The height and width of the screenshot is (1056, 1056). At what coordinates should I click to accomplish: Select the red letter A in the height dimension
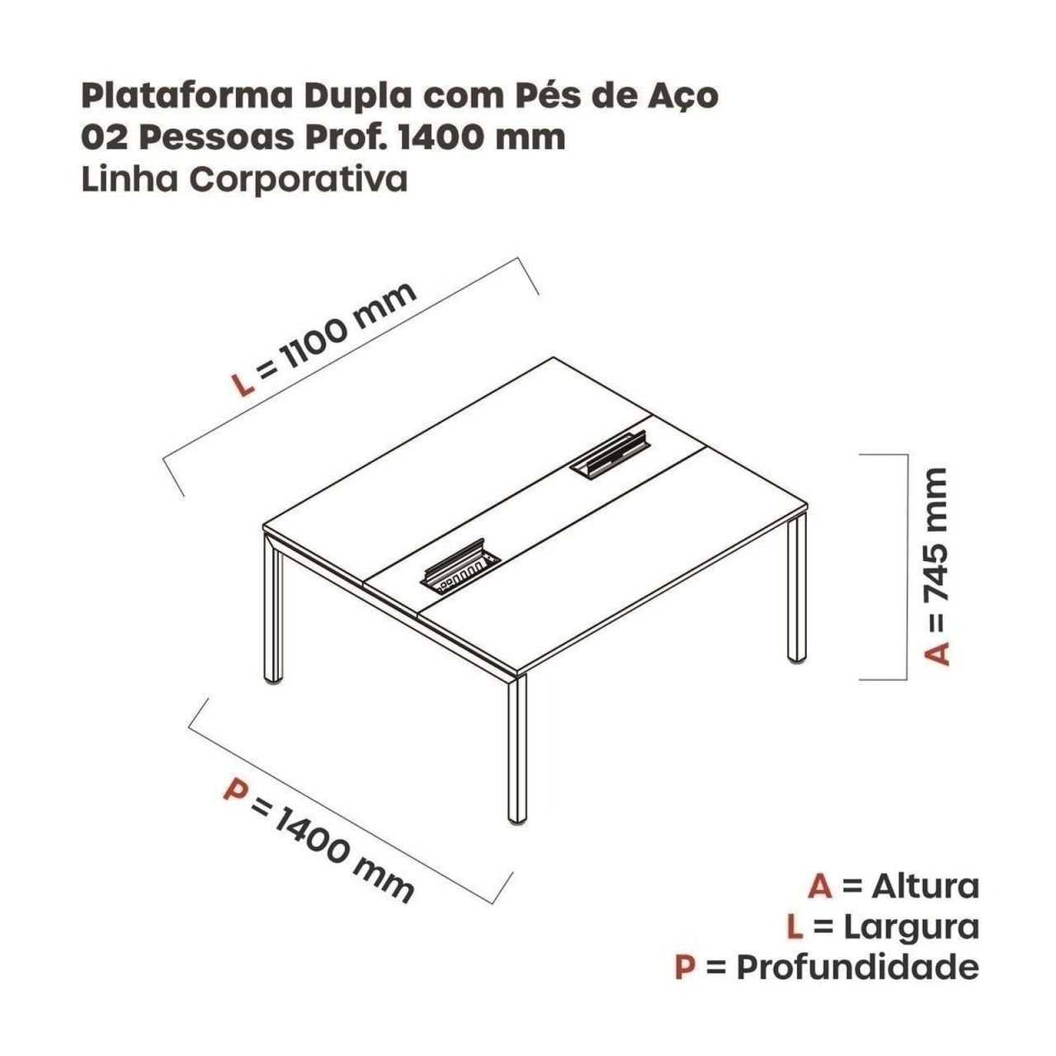pyautogui.click(x=936, y=653)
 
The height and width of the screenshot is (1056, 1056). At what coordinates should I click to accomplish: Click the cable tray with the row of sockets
pyautogui.click(x=460, y=571)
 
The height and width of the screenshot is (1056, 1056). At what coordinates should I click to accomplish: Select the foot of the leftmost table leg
pyautogui.click(x=273, y=681)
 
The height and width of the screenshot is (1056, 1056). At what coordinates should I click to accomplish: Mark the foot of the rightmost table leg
pyautogui.click(x=797, y=660)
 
